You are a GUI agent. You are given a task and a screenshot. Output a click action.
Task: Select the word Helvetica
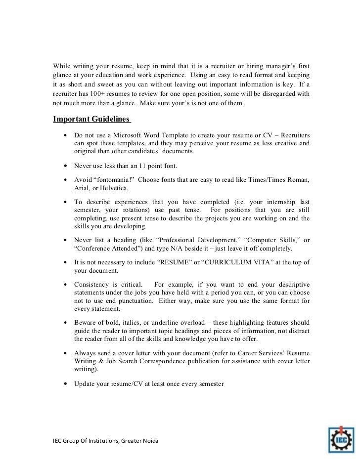114,188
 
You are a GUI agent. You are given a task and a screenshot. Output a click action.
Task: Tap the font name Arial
83,188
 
